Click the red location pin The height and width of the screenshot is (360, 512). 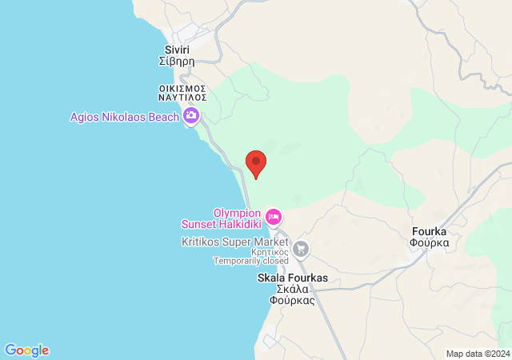[x=255, y=163]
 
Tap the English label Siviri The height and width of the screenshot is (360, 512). [x=177, y=50]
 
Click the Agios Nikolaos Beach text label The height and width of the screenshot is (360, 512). [x=124, y=116]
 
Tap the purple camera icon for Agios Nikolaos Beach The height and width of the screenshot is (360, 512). [x=191, y=116]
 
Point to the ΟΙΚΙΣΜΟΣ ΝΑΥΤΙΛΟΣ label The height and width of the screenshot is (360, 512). [x=182, y=92]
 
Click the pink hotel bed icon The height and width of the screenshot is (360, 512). [x=274, y=216]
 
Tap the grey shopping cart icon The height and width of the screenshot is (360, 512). [x=301, y=249]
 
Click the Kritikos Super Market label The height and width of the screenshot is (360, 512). [x=234, y=241]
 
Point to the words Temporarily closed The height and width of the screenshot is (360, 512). [x=250, y=260]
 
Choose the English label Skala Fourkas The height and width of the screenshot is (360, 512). [x=292, y=278]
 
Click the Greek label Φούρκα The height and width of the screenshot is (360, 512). [x=428, y=242]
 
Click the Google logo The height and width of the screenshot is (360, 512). [x=26, y=350]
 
